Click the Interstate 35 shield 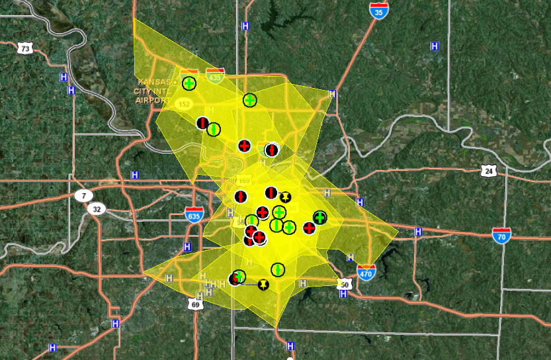[x=379, y=10]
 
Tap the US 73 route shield [x=25, y=48]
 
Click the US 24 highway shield [x=489, y=170]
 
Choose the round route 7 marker [x=83, y=195]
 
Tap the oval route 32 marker [x=97, y=209]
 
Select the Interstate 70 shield [x=501, y=235]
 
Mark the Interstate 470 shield [x=365, y=271]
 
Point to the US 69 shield [x=194, y=303]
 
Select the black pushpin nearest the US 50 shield [x=263, y=285]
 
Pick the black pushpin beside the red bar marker [x=284, y=197]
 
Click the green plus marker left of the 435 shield [x=189, y=83]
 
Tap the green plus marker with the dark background [x=320, y=218]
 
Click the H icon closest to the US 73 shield [x=64, y=76]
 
